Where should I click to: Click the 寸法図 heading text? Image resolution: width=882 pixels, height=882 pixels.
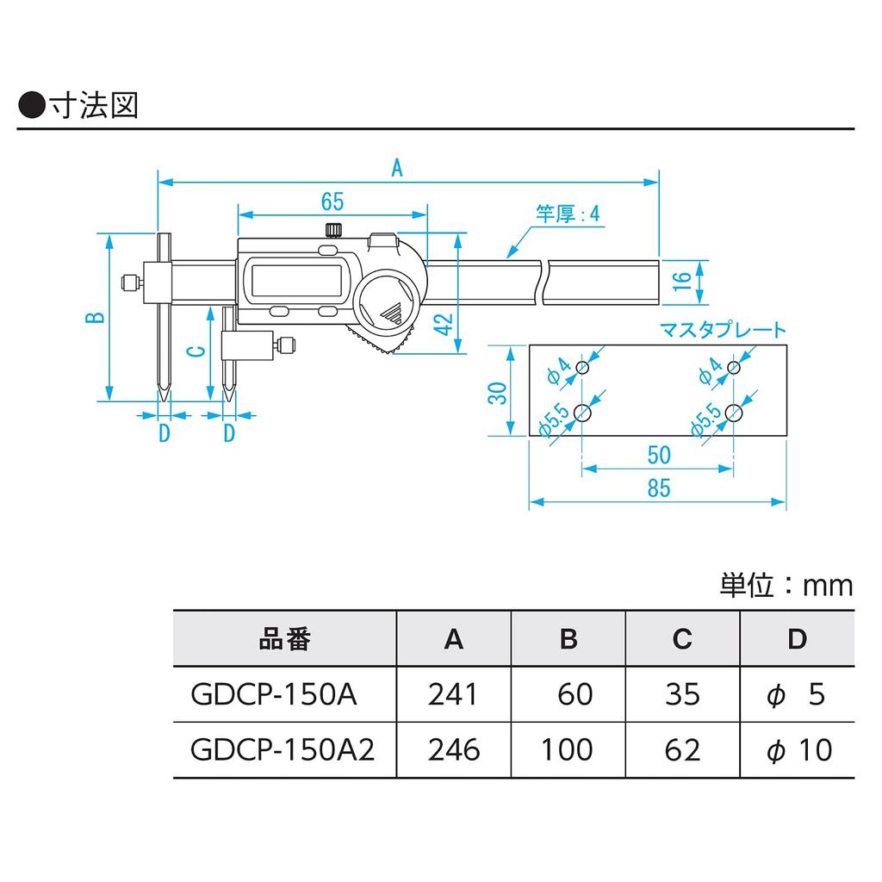(x=95, y=105)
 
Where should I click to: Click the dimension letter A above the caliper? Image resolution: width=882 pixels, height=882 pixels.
(x=397, y=168)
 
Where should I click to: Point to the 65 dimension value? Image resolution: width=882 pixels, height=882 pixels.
(x=332, y=202)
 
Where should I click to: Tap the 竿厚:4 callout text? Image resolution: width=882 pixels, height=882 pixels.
(x=568, y=214)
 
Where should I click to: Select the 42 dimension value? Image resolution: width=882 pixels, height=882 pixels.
(x=444, y=325)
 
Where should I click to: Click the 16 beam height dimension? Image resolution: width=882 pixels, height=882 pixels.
(x=681, y=281)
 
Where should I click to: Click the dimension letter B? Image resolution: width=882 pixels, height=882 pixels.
(x=95, y=317)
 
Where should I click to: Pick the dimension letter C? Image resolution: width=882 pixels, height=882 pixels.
(x=196, y=351)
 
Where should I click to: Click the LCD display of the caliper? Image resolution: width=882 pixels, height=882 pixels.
(x=296, y=280)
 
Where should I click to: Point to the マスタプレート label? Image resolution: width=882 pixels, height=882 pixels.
(x=723, y=330)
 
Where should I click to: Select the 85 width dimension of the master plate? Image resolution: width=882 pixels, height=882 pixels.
(x=659, y=488)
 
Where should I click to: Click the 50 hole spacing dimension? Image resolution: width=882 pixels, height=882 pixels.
(x=659, y=455)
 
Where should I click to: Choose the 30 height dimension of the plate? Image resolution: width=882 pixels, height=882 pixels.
(x=498, y=393)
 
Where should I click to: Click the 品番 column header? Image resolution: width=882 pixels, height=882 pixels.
(x=284, y=639)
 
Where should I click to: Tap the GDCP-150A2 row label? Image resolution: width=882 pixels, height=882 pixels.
(x=283, y=750)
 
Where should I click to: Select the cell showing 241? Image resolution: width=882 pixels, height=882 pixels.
(x=453, y=694)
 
